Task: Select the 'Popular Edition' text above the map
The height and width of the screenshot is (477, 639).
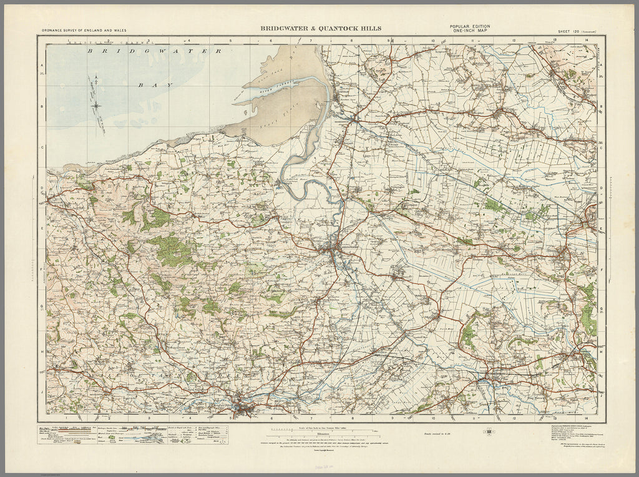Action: (x=469, y=26)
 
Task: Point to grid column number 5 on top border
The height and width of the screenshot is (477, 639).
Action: (x=231, y=41)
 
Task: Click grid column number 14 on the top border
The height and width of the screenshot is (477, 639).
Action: (x=586, y=41)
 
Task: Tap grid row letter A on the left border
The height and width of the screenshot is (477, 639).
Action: (x=42, y=66)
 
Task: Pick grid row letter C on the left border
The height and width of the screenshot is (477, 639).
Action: (x=42, y=147)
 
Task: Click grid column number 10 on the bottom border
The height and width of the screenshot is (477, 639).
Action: (x=432, y=419)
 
